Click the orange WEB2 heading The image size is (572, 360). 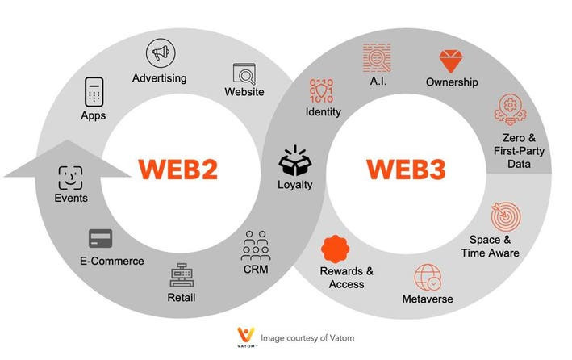point(178,169)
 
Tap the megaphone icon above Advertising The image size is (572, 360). point(159,53)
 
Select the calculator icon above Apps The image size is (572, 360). point(94,92)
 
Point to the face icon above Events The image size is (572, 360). point(70,177)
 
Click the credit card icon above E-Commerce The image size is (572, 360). point(100,238)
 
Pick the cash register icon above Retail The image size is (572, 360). point(182,276)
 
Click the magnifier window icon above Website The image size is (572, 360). point(244,73)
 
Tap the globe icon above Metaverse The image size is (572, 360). point(428,278)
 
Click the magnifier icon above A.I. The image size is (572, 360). point(376,57)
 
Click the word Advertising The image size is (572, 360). point(159,78)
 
